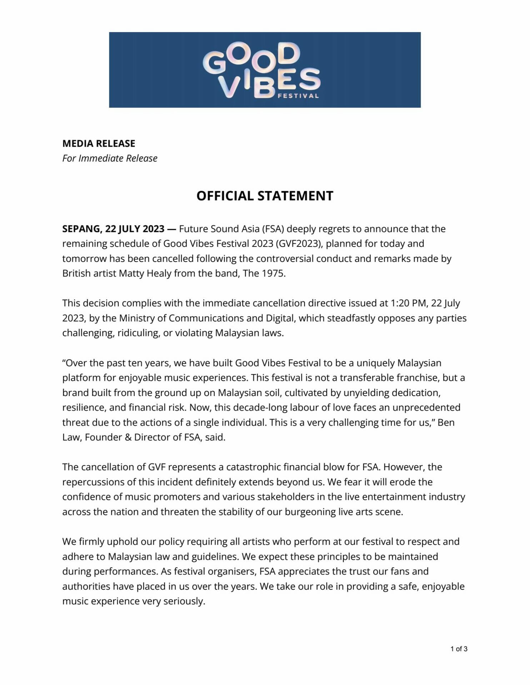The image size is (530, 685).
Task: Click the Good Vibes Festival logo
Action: click(x=262, y=70)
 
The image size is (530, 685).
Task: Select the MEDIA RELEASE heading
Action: click(x=99, y=143)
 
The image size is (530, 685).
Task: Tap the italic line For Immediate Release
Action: click(x=110, y=158)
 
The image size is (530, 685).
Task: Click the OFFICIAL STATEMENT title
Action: click(x=265, y=196)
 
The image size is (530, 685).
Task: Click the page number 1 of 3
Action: click(x=459, y=649)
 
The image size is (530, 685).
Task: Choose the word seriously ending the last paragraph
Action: click(x=184, y=601)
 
